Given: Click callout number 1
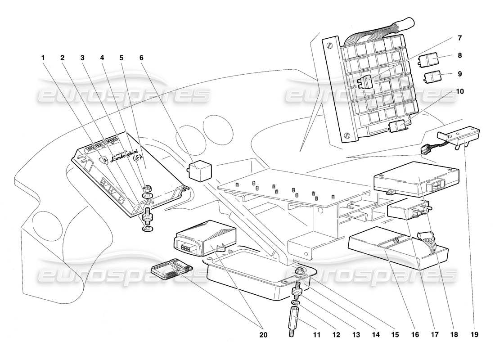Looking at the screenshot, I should point(43,58).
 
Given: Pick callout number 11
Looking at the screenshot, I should point(317,335).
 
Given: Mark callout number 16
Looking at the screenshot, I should point(415,335).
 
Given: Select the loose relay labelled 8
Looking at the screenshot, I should point(433,59).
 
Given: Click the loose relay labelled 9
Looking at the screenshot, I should point(432,77).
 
